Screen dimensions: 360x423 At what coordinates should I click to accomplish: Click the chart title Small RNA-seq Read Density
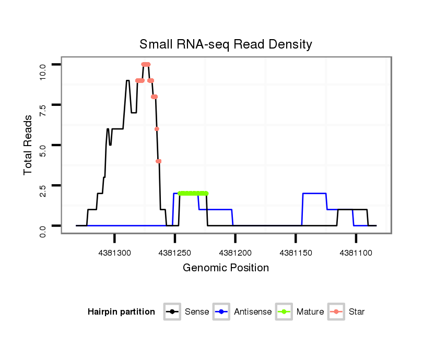[x=226, y=44]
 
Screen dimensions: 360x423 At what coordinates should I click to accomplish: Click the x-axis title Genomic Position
[x=226, y=268]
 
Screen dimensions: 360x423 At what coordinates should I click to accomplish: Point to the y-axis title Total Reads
[x=28, y=145]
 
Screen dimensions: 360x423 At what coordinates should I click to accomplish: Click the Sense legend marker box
[x=172, y=312]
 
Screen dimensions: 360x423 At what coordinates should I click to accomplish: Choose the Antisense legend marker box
[x=222, y=312]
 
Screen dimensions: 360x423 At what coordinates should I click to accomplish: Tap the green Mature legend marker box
[x=284, y=312]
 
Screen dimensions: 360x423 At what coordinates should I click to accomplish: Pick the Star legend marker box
[x=336, y=312]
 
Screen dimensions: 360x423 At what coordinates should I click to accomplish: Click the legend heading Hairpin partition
[x=121, y=312]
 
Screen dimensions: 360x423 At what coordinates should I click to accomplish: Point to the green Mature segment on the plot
[x=193, y=193]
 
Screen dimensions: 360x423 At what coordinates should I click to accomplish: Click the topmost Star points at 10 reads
[x=146, y=64]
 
